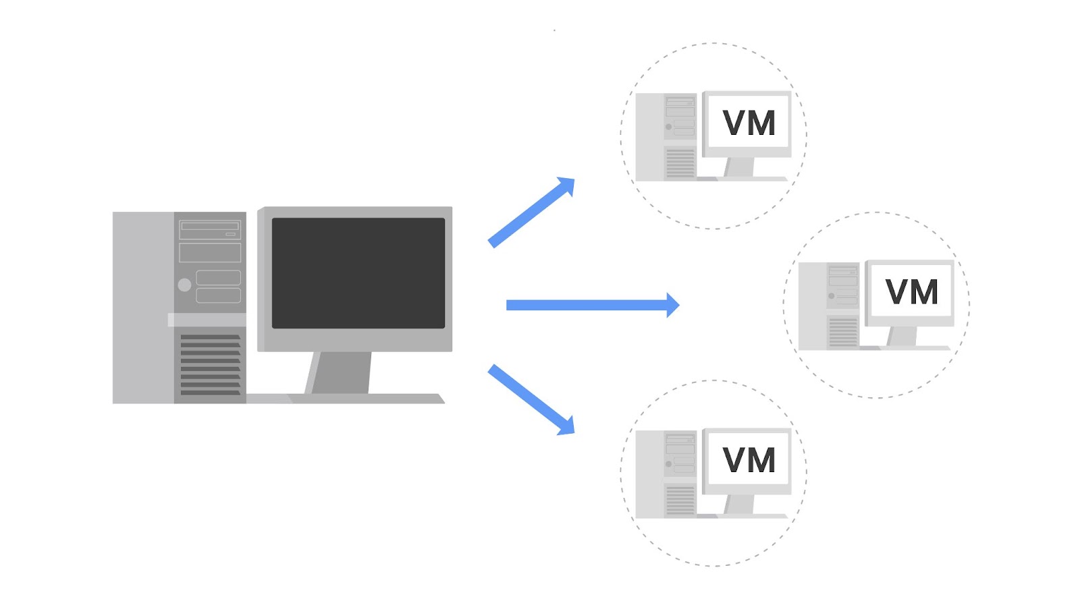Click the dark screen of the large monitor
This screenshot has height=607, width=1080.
click(x=358, y=273)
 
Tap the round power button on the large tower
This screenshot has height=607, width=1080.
click(x=184, y=285)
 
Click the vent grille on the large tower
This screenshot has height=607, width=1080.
click(x=210, y=364)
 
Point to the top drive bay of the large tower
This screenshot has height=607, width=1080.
click(x=210, y=229)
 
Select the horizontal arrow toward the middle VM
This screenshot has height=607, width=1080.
click(x=587, y=306)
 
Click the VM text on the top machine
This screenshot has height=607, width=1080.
click(x=749, y=123)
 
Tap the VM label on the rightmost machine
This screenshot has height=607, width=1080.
click(x=911, y=292)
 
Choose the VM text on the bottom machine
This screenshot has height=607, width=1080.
click(x=749, y=461)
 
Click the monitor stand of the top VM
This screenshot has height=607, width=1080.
click(x=740, y=167)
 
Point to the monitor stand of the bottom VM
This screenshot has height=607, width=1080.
click(x=740, y=504)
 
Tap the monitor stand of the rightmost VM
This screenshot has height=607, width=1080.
click(x=902, y=336)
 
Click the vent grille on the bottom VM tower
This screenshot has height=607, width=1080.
click(x=680, y=500)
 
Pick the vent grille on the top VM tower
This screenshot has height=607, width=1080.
click(x=680, y=163)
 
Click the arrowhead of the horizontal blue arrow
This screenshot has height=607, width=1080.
click(x=672, y=306)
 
